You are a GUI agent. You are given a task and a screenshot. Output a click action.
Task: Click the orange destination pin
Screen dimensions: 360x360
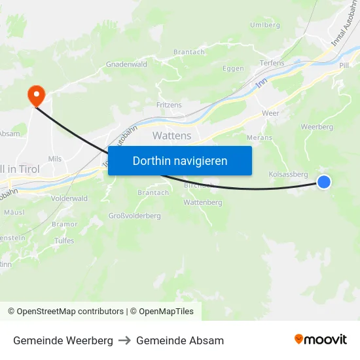coord(35,96)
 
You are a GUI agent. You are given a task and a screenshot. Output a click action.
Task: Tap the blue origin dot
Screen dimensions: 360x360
coord(324,183)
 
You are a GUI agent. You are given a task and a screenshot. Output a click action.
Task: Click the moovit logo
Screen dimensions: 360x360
coord(321,340)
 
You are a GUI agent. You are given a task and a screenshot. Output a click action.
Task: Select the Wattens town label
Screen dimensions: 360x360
coord(171,135)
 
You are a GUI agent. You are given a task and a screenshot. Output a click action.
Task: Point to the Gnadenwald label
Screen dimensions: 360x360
coord(126,65)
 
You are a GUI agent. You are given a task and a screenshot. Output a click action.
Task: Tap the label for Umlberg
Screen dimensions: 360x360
coord(264,25)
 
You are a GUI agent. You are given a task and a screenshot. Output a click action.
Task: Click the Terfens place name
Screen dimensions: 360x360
coord(272,63)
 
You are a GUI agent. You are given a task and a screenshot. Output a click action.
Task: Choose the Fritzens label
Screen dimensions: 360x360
coord(170,105)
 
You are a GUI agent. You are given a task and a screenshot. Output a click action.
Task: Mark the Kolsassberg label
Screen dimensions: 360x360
coord(288,174)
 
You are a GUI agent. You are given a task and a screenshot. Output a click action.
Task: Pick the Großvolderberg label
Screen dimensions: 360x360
coord(134,216)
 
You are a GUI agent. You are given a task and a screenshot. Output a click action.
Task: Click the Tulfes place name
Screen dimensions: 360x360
coord(63,241)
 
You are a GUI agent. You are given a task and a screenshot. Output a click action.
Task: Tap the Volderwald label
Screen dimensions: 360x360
coord(69,198)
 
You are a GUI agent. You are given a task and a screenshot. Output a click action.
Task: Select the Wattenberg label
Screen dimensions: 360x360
coord(202,203)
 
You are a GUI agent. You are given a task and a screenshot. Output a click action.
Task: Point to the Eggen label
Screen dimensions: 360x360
coord(233,69)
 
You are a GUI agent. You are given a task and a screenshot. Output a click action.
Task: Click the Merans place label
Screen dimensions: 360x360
coord(259,137)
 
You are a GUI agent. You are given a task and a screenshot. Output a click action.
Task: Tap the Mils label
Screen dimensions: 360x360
coord(55,158)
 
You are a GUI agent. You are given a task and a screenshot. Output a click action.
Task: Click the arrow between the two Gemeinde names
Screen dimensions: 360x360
coord(124,340)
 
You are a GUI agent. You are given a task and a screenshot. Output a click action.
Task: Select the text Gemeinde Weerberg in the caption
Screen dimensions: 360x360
coord(63,340)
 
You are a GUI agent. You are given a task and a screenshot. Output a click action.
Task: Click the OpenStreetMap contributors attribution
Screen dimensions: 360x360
coord(70,312)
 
